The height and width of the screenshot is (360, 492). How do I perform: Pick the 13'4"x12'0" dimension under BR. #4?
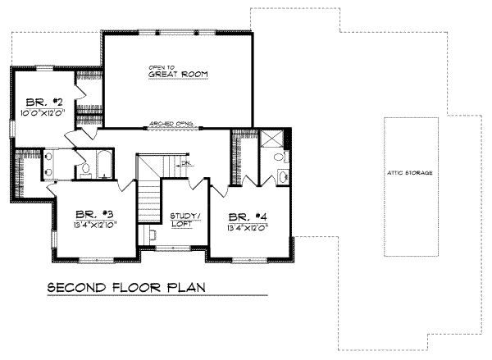pos(247,229)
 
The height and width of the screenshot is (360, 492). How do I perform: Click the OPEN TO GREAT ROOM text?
pos(177,71)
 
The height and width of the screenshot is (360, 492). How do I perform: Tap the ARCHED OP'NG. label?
pos(171,125)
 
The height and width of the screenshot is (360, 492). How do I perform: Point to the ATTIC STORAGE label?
pos(411,174)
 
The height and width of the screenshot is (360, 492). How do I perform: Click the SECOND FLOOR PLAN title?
pos(125,288)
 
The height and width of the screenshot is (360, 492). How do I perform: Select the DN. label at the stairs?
pos(186,163)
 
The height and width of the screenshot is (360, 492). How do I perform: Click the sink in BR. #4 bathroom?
pos(284,175)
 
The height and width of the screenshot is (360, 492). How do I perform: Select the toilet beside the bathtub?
pos(85,169)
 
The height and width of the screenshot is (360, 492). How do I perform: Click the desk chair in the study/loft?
pos(153,235)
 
